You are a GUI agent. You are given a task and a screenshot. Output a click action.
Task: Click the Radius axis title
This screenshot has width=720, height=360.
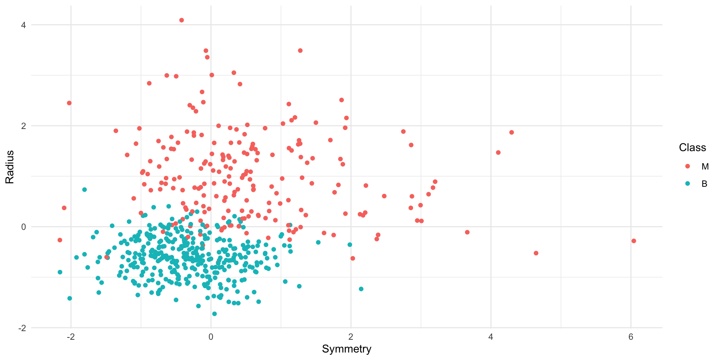click(10, 167)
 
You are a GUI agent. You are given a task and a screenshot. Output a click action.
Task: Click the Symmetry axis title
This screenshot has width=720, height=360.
click(346, 349)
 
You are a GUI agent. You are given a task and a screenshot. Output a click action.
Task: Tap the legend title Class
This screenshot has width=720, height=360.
click(692, 148)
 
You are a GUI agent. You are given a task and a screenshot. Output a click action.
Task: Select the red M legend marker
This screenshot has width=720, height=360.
click(687, 166)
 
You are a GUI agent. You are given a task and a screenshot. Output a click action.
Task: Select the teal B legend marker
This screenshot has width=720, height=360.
click(687, 184)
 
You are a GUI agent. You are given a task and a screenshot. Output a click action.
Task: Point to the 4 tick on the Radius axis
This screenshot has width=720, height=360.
click(23, 25)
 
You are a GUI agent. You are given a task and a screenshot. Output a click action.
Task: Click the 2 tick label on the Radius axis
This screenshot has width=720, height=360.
click(23, 126)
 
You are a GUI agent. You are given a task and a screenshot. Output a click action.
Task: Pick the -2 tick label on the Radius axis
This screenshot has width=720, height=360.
click(22, 328)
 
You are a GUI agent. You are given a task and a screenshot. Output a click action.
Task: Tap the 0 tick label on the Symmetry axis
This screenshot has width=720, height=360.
click(211, 337)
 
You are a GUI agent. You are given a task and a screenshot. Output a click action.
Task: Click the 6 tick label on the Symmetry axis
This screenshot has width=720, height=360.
click(631, 337)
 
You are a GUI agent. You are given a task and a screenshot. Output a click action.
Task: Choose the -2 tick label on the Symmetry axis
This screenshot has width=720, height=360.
click(70, 337)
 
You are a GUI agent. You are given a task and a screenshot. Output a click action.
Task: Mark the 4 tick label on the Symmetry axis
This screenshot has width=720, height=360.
click(490, 337)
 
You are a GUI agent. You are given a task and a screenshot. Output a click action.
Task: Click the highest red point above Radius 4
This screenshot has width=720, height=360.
click(181, 20)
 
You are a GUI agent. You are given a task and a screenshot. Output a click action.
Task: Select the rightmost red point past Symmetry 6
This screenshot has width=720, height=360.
click(634, 241)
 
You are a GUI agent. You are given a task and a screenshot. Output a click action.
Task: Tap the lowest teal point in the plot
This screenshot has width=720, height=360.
click(214, 314)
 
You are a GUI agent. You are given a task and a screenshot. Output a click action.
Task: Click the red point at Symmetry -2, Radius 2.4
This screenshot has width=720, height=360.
click(69, 103)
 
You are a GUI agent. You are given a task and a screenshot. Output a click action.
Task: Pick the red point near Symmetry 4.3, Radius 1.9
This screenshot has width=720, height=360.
click(511, 132)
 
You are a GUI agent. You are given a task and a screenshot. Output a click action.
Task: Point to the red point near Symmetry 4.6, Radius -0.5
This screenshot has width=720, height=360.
click(536, 253)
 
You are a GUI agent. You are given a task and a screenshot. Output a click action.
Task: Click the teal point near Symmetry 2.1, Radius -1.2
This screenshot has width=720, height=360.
click(361, 289)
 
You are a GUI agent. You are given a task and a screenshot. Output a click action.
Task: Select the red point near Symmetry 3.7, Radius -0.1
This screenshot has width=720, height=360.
click(467, 232)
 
